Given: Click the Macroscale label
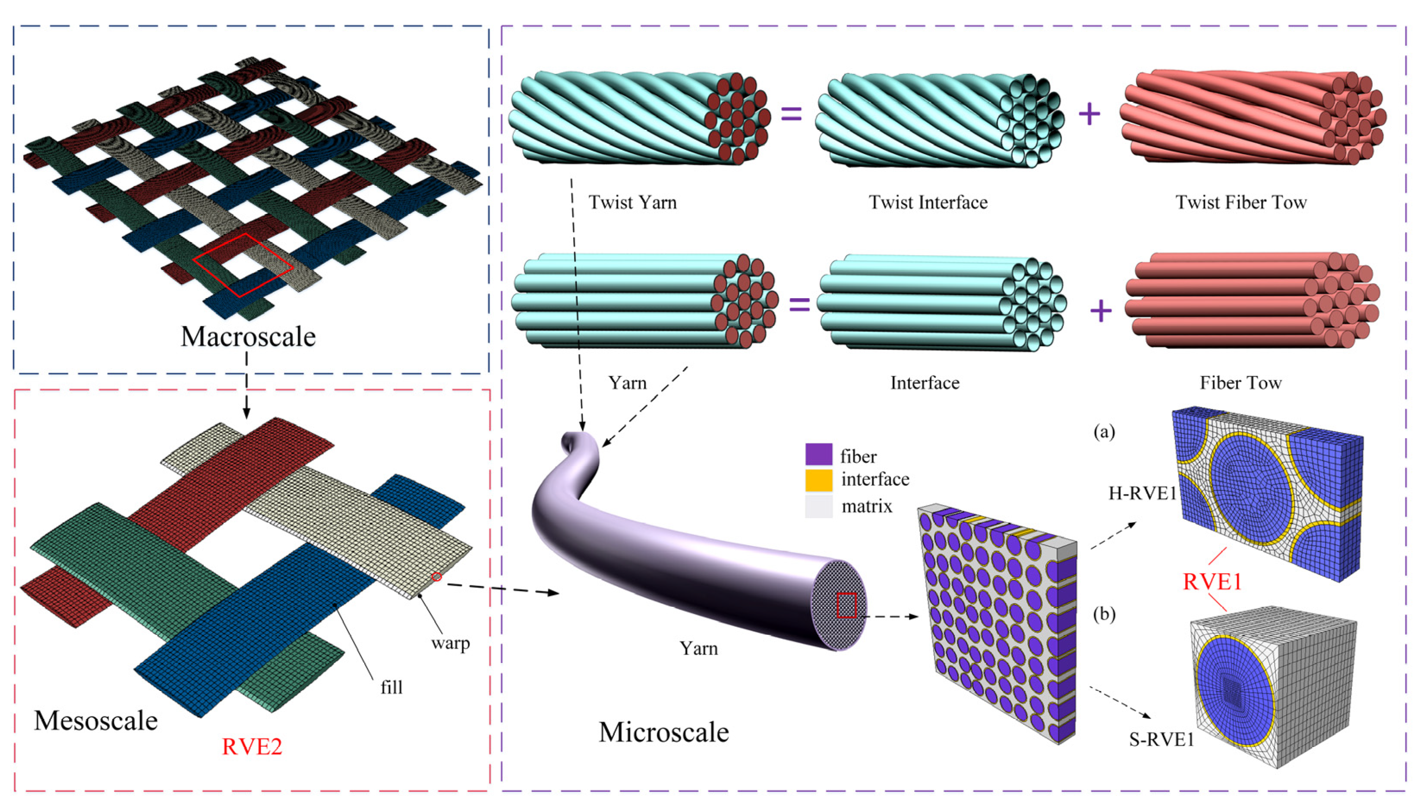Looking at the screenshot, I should [x=248, y=337].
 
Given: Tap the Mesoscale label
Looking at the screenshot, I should [x=96, y=720].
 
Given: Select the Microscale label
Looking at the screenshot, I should [x=663, y=732].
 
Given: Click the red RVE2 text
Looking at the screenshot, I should [x=252, y=746].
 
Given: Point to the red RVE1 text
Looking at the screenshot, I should [x=1212, y=582].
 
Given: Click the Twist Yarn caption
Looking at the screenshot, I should [x=632, y=202].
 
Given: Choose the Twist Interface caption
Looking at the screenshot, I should [x=928, y=202].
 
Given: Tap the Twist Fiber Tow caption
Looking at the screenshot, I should [x=1241, y=202].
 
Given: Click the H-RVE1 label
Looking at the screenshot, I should [x=1142, y=493].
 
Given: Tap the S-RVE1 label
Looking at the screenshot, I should [x=1161, y=740].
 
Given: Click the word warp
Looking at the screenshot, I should [x=451, y=643].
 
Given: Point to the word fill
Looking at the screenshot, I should [x=391, y=687].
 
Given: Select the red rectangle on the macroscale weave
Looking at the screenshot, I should [x=243, y=265].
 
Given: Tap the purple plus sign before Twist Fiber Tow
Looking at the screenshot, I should [x=1089, y=114].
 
